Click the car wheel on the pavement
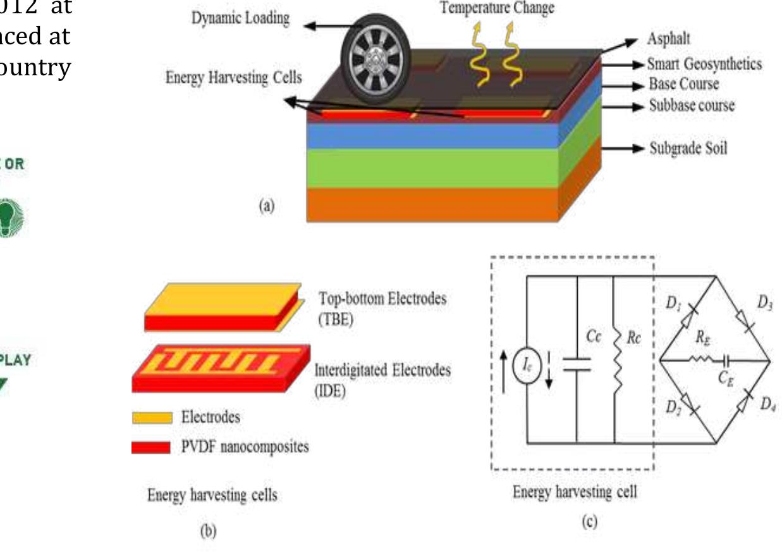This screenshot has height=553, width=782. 376,61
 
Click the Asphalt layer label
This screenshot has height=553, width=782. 668,39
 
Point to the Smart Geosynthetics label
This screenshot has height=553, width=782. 704,64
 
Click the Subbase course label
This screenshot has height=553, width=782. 692,106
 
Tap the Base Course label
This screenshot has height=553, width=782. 683,84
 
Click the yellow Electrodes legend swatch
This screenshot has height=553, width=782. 151,418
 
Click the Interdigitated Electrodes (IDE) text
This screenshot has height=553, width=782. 382,380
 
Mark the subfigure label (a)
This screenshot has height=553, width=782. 266,207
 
